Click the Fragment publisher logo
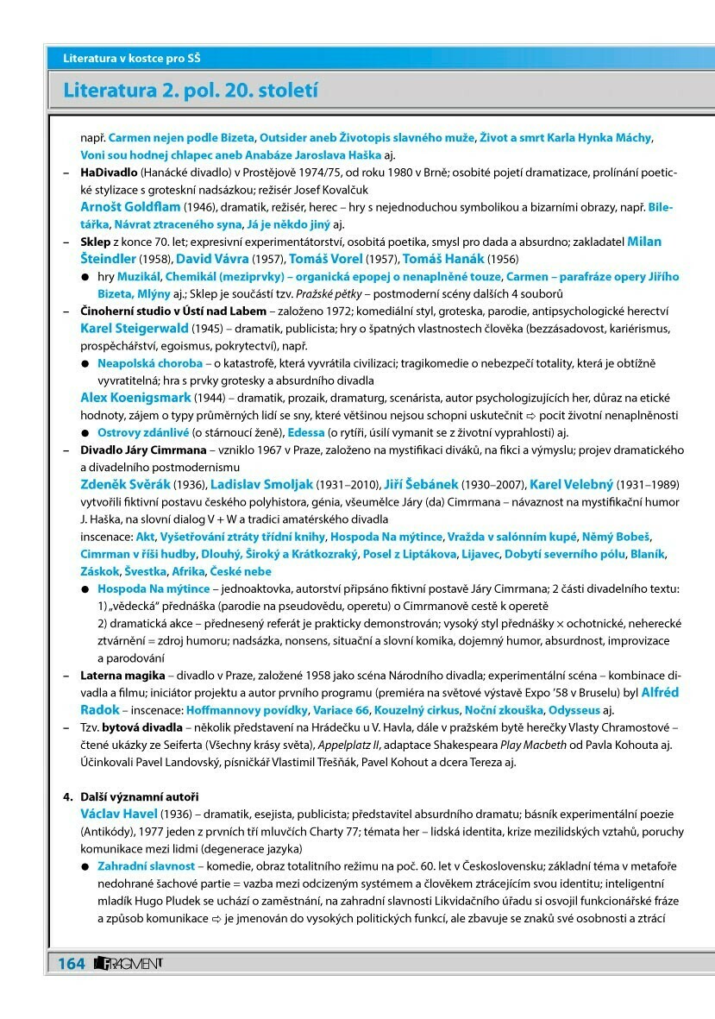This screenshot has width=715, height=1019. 129,962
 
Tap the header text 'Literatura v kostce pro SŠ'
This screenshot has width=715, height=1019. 138,58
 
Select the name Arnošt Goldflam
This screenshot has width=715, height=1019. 130,208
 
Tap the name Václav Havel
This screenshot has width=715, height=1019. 119,814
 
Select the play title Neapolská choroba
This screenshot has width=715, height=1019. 149,363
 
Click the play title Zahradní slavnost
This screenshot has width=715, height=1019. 147,866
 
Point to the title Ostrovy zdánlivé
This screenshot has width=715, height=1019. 142,432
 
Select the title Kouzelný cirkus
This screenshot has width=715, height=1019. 416,710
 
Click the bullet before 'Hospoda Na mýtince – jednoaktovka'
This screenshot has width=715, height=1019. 85,589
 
